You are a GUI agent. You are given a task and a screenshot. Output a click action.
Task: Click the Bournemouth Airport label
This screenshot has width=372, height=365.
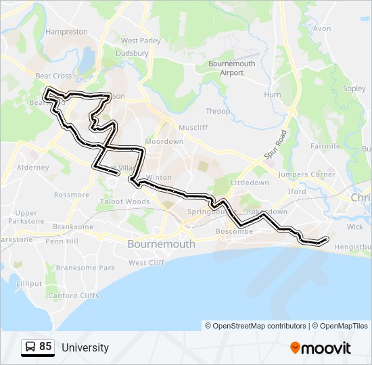(x=231, y=68)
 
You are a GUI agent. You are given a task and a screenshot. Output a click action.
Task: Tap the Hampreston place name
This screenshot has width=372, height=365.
(x=66, y=32)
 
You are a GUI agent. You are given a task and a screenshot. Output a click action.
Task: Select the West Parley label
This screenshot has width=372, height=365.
(x=141, y=41)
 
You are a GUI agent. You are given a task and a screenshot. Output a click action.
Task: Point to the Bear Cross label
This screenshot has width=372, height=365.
(x=53, y=76)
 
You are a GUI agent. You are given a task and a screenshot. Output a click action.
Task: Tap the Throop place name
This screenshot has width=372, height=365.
(x=218, y=112)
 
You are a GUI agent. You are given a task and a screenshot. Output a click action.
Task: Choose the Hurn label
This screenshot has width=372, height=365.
(x=272, y=95)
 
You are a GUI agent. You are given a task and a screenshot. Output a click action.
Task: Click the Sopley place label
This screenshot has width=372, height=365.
(x=354, y=89)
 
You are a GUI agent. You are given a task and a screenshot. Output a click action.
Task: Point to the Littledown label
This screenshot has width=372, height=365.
(x=250, y=182)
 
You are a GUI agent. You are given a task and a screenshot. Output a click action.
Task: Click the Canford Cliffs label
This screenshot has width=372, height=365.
(x=74, y=295)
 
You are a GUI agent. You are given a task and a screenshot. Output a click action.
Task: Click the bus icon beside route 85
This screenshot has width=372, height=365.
(x=30, y=347)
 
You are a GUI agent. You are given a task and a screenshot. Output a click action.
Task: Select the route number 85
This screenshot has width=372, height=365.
(x=45, y=347)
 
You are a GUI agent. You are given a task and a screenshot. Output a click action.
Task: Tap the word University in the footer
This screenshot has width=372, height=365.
(x=85, y=347)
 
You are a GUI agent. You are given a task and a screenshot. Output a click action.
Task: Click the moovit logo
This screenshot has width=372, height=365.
(x=321, y=347)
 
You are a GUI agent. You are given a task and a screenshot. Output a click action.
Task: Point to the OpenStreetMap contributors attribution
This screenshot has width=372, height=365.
(x=256, y=326)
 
